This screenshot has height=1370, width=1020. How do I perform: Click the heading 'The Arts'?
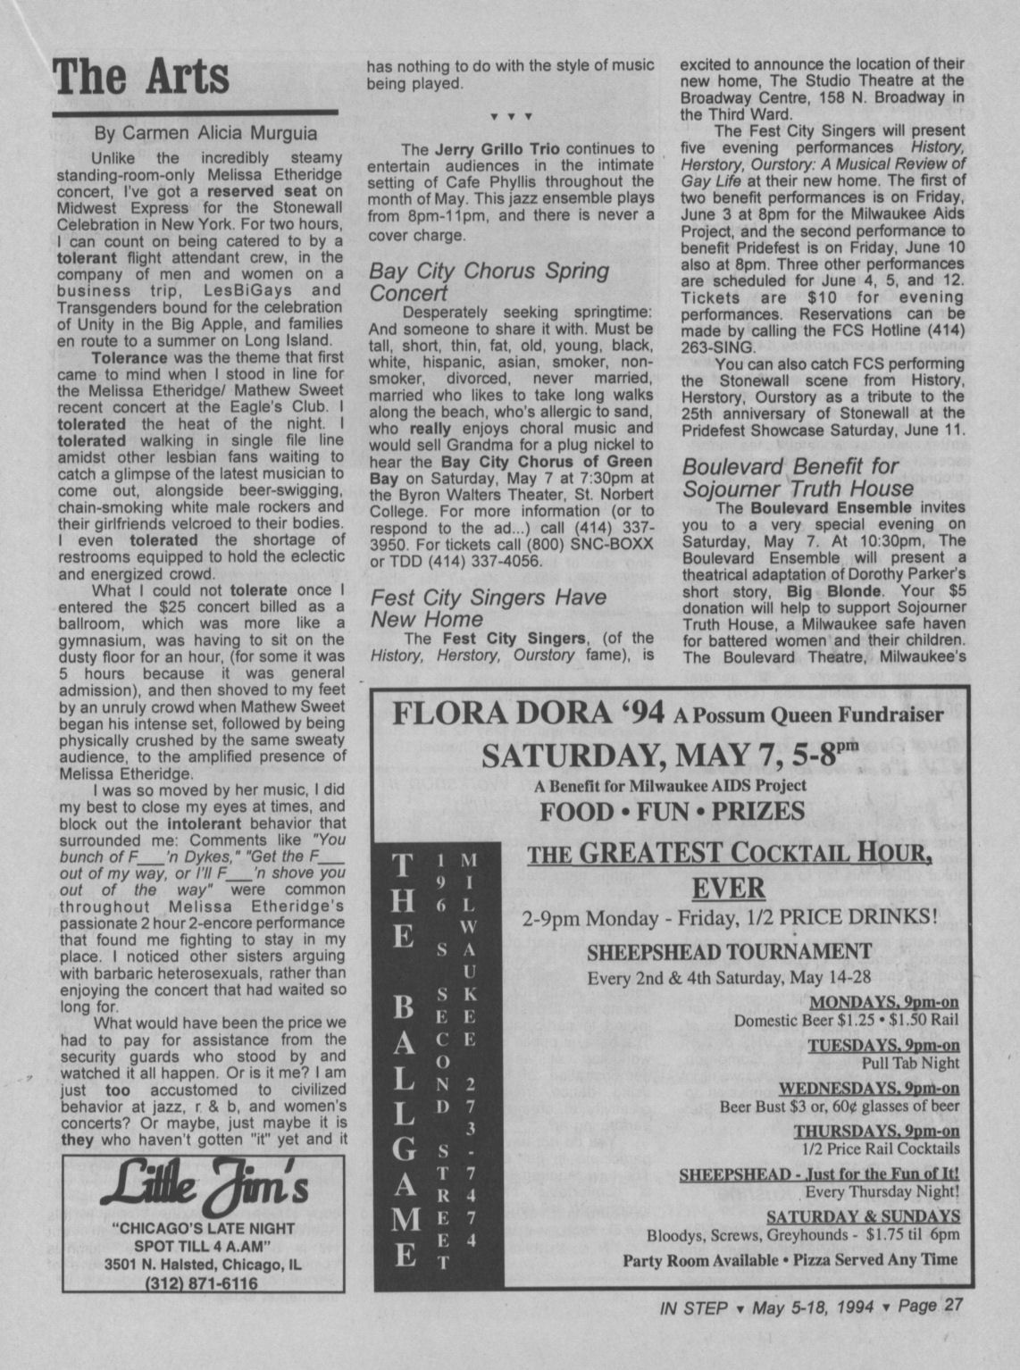(141, 77)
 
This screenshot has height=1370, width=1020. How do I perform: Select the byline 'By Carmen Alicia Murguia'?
(205, 134)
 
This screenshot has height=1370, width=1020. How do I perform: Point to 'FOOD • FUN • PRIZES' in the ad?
(671, 811)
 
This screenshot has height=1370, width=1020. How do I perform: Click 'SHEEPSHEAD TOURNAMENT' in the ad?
(728, 951)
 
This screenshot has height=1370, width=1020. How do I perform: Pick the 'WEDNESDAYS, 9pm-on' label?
(869, 1088)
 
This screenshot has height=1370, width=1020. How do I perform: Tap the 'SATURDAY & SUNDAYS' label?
(862, 1216)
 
